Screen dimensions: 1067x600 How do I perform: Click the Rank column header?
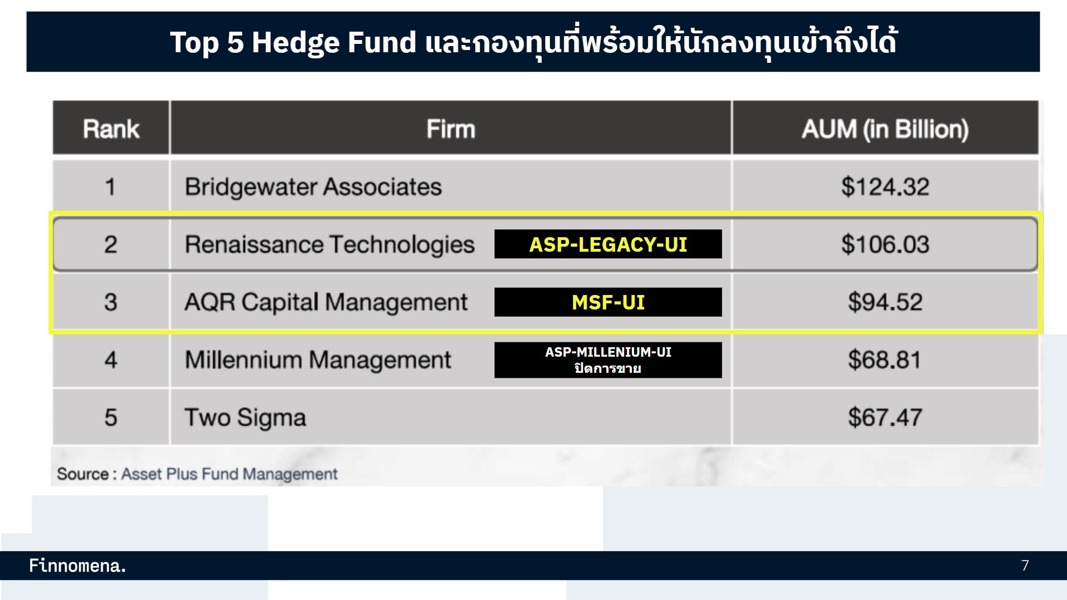coord(111,129)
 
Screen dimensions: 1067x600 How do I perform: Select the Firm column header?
coord(451,129)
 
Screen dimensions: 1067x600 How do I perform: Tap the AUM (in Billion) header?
coord(885,129)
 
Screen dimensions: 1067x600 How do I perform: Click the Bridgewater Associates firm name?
coord(313,187)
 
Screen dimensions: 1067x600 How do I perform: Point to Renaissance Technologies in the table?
coord(330,244)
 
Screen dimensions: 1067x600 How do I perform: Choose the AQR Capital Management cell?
coord(326,302)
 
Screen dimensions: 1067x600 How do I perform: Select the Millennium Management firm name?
coord(318,360)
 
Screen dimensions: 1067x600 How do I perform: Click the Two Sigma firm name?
coord(245,418)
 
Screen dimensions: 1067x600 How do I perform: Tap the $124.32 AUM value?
coord(885,187)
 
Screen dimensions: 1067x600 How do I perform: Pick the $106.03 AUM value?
coord(885,244)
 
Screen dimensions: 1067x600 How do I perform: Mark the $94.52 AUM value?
coord(885,302)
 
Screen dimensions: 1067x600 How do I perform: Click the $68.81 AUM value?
coord(885,360)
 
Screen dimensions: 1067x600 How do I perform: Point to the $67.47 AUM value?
coord(885,418)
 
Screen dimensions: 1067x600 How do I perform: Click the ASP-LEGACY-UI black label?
coord(608,244)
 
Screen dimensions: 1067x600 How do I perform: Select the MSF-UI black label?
coord(608,302)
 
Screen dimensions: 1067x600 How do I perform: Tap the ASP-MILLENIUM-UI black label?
coord(608,360)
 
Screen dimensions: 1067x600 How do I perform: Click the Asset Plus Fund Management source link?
coord(229,474)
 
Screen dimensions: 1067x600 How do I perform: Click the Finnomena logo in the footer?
coord(77,566)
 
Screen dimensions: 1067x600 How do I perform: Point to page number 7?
coord(1025,566)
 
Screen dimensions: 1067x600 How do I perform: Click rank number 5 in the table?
coord(111,418)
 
